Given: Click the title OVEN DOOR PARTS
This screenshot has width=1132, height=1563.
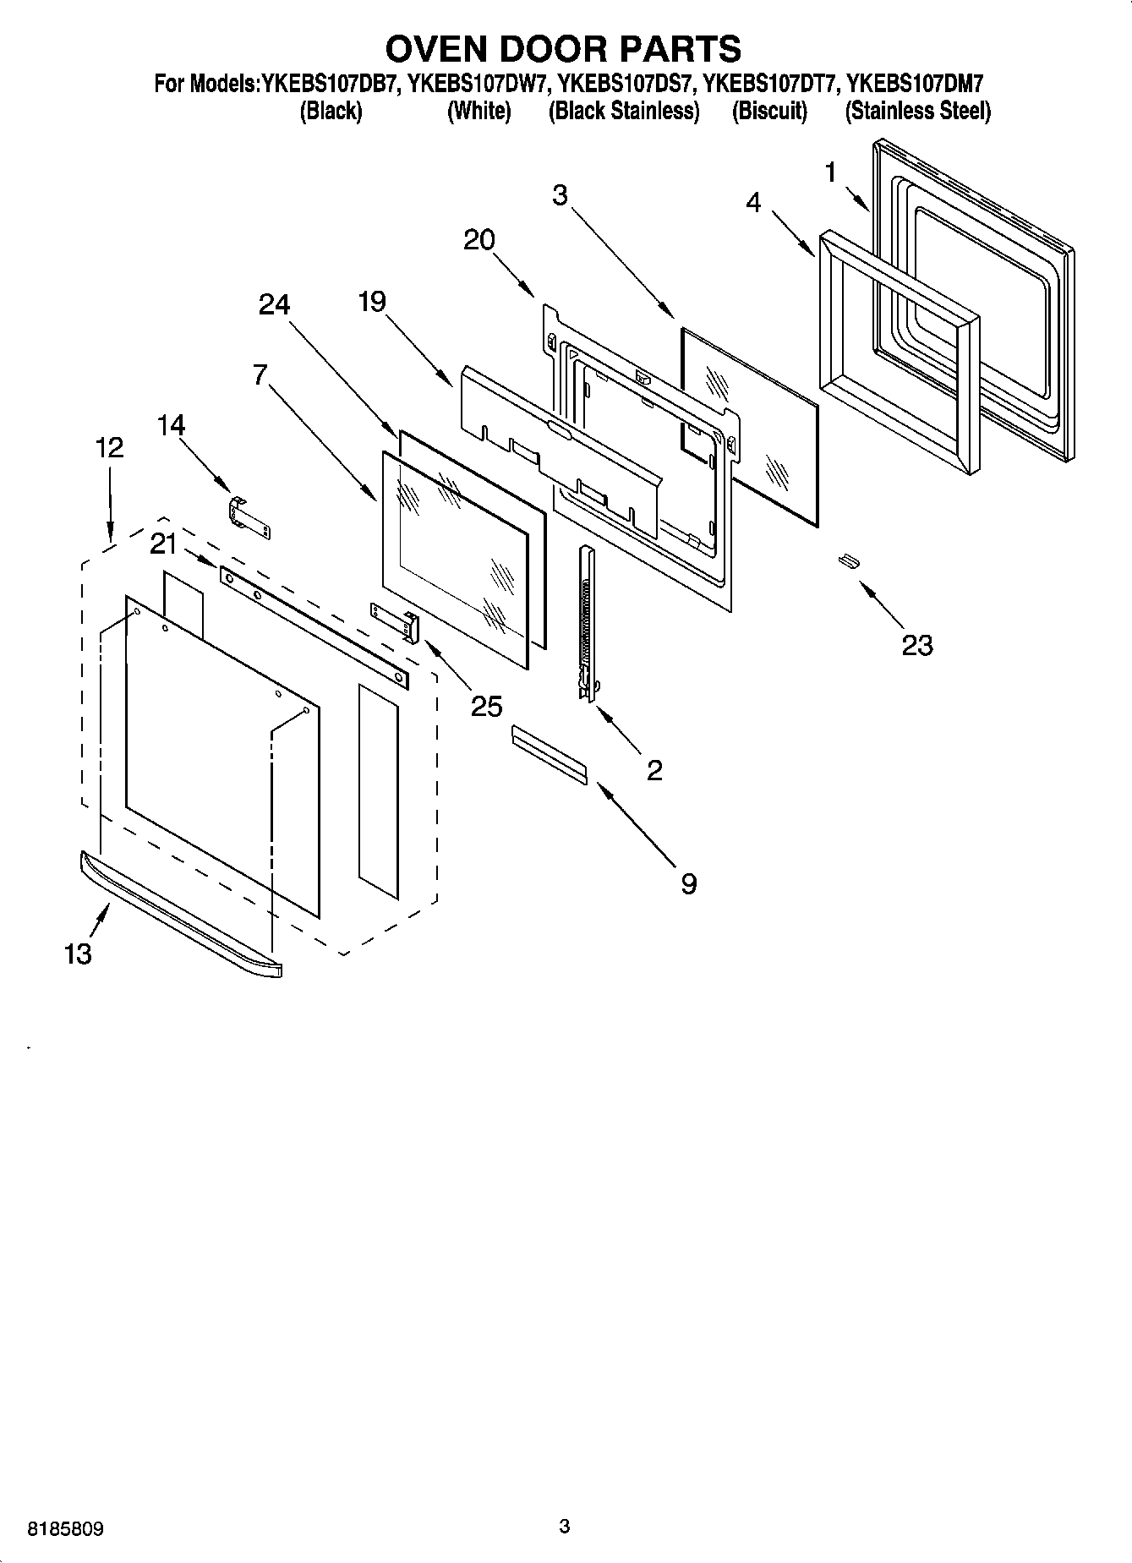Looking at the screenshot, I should pyautogui.click(x=564, y=49).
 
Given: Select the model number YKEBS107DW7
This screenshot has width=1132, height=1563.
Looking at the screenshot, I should pyautogui.click(x=479, y=85).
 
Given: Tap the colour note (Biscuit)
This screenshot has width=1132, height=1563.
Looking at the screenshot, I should pyautogui.click(x=768, y=111).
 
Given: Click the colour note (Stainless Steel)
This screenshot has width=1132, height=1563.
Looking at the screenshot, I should pyautogui.click(x=917, y=111).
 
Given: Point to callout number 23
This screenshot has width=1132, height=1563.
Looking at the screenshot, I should pyautogui.click(x=916, y=645).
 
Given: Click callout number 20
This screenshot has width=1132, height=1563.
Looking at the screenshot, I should pyautogui.click(x=479, y=240).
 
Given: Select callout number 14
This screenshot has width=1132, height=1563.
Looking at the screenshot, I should pyautogui.click(x=171, y=425).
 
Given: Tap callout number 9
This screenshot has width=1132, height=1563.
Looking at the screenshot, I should pyautogui.click(x=688, y=884).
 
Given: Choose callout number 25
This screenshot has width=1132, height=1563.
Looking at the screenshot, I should pyautogui.click(x=486, y=706).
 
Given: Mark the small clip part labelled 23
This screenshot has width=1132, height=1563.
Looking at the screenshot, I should pyautogui.click(x=848, y=561).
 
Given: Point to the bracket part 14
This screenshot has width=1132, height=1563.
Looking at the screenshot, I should pyautogui.click(x=249, y=516).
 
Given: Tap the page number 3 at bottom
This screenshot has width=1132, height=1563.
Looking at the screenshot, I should pyautogui.click(x=565, y=1526).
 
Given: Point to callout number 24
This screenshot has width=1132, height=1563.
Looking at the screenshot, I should pyautogui.click(x=274, y=305).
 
